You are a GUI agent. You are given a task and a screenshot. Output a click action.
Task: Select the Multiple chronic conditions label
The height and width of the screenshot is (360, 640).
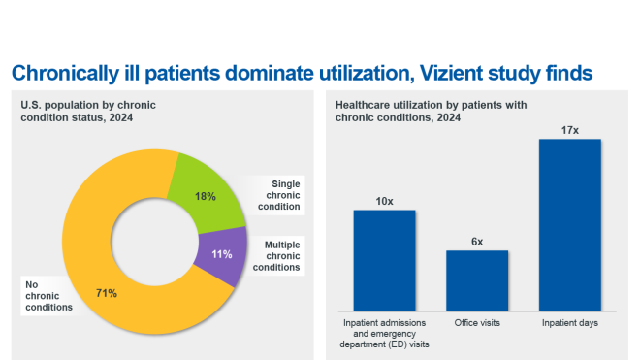(x=283, y=254)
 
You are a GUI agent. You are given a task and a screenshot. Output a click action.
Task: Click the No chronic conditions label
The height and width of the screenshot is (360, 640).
(x=48, y=296)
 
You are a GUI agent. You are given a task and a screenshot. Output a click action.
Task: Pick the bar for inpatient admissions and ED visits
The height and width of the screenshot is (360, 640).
(x=384, y=258)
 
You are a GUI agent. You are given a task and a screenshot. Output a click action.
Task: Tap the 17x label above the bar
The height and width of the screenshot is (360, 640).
(x=570, y=129)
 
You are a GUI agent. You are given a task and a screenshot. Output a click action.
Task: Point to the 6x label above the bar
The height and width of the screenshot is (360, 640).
(x=477, y=241)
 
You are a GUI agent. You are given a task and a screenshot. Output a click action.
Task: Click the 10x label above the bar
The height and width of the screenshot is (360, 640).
(x=384, y=201)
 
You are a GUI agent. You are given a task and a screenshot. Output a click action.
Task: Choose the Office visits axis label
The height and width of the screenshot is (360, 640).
(x=477, y=322)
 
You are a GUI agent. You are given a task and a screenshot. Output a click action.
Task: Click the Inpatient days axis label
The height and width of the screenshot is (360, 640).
(x=570, y=322)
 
